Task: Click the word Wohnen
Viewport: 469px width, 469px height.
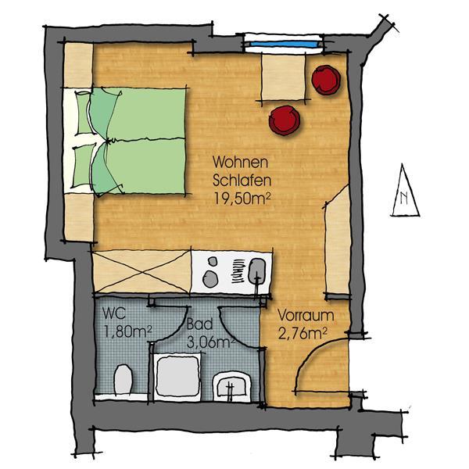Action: tap(240, 163)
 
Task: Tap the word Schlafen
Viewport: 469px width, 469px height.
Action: tap(242, 181)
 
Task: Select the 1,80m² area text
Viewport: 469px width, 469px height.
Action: tap(127, 331)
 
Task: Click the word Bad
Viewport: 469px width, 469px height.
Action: tap(200, 324)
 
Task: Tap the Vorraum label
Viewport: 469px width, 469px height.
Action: tap(306, 316)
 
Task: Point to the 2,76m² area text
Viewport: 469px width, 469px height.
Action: tap(302, 334)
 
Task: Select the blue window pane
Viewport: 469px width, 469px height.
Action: tap(284, 45)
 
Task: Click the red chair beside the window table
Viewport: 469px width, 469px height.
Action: tap(326, 80)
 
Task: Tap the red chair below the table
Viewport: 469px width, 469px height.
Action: tap(285, 120)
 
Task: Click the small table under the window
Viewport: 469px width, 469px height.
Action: tap(284, 77)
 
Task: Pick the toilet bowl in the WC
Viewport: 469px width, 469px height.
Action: tap(123, 379)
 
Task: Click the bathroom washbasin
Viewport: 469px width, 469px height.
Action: tap(232, 387)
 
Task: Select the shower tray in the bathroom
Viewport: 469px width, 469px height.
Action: tap(177, 378)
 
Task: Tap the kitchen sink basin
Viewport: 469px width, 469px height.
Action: tap(257, 271)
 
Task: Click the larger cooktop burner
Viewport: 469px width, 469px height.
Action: tap(210, 279)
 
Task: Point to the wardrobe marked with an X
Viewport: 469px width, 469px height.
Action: tap(141, 272)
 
